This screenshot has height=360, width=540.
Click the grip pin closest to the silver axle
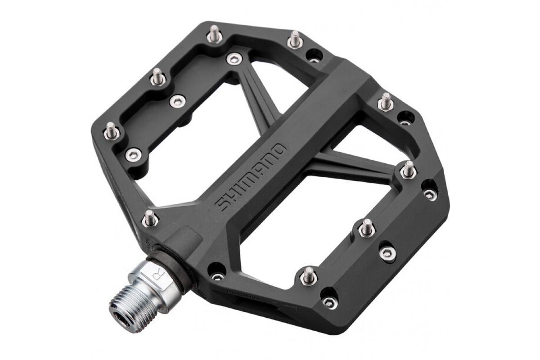150,218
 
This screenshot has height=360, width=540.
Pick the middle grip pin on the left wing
157,77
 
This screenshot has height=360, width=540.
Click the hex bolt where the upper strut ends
234,58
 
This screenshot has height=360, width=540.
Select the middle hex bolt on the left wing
177,101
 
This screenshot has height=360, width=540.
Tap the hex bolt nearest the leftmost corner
133,155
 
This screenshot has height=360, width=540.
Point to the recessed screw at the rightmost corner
430,193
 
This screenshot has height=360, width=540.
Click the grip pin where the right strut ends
408,170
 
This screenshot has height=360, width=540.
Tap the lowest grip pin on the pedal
308,275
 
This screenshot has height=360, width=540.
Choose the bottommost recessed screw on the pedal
330,301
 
